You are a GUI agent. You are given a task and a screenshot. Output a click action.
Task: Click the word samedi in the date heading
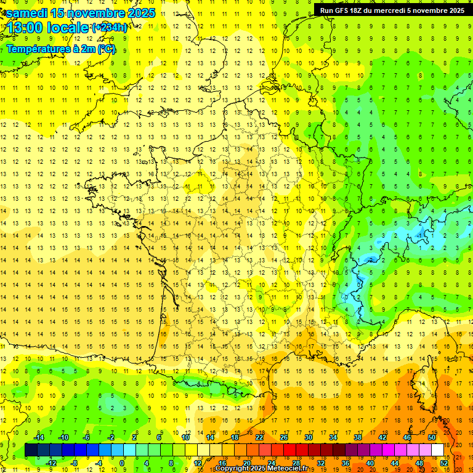(x=26, y=13)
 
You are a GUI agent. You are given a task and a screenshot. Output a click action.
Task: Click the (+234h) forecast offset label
(x=109, y=28)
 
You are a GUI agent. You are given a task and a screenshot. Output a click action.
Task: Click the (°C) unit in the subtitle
(x=106, y=49)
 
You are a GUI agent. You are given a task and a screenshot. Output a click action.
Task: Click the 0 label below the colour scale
(x=123, y=463)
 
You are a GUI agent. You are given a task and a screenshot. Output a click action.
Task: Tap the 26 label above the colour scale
(x=284, y=437)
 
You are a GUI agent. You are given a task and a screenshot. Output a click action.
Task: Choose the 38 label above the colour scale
(x=358, y=437)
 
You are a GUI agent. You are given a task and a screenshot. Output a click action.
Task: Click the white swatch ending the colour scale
(x=438, y=450)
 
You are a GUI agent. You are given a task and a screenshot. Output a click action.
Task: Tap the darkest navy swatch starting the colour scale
(x=31, y=450)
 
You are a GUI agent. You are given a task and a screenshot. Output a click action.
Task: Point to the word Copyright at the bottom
(x=234, y=469)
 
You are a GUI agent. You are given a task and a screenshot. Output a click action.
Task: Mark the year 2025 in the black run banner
(x=455, y=10)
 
